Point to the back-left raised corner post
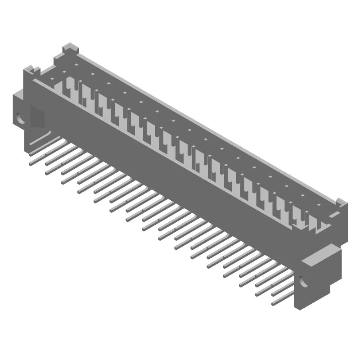click(69, 47)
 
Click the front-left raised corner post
click(31, 70)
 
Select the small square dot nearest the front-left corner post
click(52, 79)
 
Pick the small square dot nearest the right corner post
click(319, 205)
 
